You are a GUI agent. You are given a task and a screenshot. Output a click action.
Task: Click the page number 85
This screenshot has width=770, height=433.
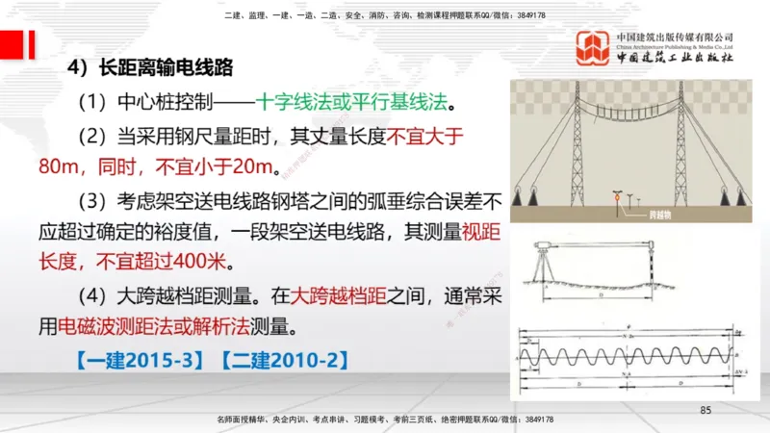coord(705,411)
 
